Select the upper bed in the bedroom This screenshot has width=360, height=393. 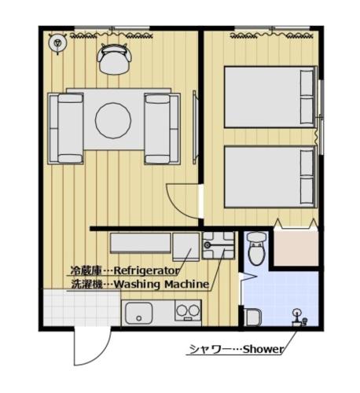coord(270,95)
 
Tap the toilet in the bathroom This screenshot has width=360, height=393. coord(256,251)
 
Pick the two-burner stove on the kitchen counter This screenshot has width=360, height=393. coord(187,310)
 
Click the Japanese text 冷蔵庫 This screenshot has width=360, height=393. coord(85,270)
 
